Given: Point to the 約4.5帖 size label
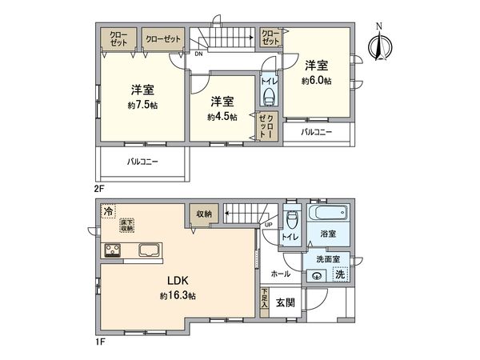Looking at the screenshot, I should click(222, 116).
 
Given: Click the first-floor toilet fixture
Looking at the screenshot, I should click(292, 220).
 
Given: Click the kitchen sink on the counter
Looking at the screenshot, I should click(150, 251).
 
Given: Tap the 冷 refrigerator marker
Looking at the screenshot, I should click(107, 211).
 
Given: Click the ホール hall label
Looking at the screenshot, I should click(281, 273).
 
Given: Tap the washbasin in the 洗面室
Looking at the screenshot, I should click(318, 275).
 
